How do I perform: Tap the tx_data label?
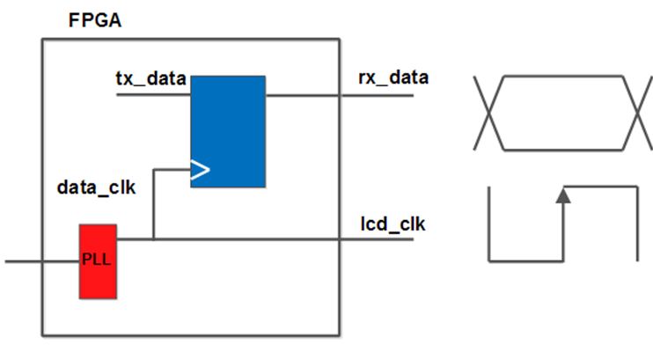pyautogui.click(x=150, y=79)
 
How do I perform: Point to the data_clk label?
pyautogui.click(x=96, y=187)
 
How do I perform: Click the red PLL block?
pyautogui.click(x=98, y=261)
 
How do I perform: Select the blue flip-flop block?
pyautogui.click(x=228, y=131)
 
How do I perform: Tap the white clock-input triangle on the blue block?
pyautogui.click(x=200, y=168)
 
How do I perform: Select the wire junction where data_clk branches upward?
pyautogui.click(x=153, y=238)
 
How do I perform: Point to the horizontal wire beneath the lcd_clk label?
pyautogui.click(x=370, y=238)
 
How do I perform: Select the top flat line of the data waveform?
pyautogui.click(x=563, y=77)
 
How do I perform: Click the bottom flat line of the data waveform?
pyautogui.click(x=563, y=148)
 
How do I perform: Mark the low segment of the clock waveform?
pyautogui.click(x=525, y=260)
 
